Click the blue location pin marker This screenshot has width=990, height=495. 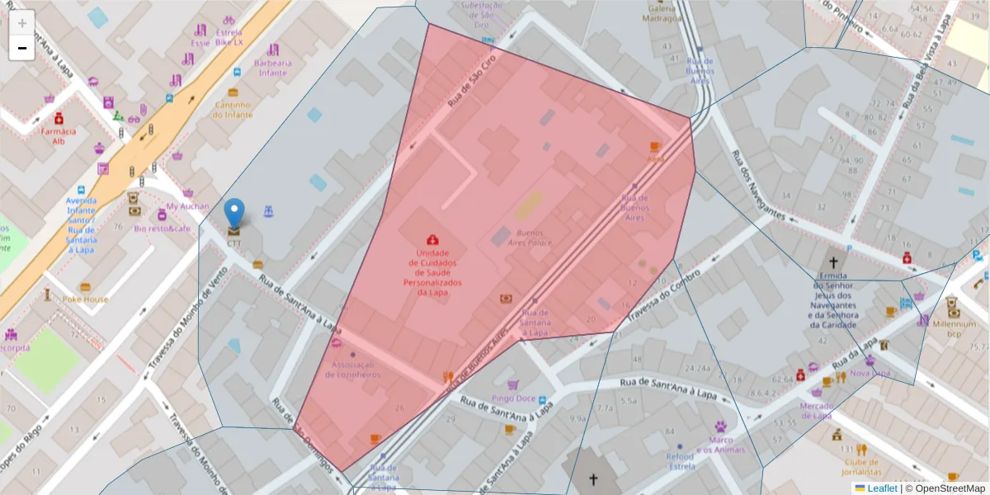(235, 214)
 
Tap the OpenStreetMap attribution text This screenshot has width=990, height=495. (945, 488)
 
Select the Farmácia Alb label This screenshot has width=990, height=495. (58, 135)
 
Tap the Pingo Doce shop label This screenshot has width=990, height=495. (514, 398)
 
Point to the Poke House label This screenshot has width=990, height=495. (85, 299)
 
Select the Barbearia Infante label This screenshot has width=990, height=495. (273, 68)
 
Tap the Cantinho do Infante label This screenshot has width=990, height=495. (233, 109)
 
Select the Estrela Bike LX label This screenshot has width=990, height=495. (229, 36)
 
